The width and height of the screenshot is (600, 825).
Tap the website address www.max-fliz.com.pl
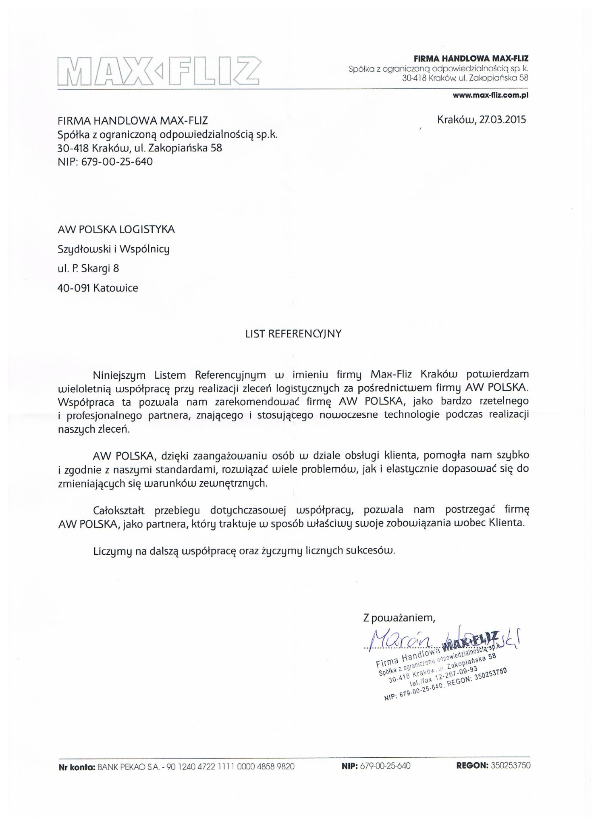[490, 95]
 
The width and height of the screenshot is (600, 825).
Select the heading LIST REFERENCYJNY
[293, 334]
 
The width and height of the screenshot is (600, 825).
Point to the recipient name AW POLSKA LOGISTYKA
[116, 230]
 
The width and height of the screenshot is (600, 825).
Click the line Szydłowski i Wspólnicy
[114, 249]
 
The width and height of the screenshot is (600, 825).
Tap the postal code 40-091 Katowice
[98, 288]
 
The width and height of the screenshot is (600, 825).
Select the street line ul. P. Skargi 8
[88, 269]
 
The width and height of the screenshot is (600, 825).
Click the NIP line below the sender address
[105, 162]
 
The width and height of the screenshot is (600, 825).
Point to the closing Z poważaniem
[399, 618]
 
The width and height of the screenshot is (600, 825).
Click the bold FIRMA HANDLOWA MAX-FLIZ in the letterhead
[471, 59]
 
